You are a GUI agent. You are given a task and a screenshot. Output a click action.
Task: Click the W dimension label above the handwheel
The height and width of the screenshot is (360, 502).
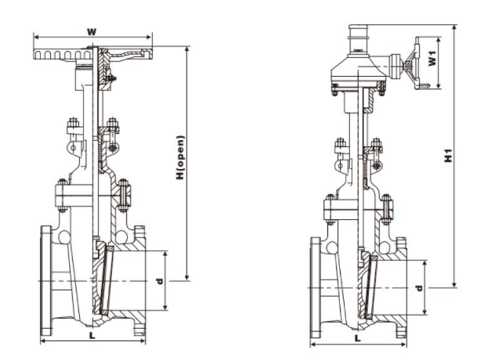(x=92, y=31)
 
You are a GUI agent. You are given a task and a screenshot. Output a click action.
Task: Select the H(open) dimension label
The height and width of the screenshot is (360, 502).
(x=181, y=157)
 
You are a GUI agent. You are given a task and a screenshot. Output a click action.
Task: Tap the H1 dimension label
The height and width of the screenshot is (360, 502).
(x=449, y=156)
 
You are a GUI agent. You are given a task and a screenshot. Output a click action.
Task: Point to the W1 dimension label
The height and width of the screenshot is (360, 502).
(x=432, y=58)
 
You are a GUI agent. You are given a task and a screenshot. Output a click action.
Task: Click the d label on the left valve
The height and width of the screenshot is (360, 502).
(x=159, y=281)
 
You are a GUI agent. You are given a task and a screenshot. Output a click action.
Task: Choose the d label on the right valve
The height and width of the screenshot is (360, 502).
(x=419, y=288)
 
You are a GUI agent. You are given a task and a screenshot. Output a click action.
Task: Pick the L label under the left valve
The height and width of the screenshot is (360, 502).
(x=92, y=336)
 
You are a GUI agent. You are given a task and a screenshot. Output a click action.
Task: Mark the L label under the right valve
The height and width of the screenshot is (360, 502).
(x=358, y=338)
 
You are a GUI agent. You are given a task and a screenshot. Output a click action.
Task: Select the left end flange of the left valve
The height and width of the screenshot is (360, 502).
(x=46, y=281)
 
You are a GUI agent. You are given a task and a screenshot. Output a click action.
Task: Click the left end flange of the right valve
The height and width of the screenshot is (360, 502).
(x=316, y=288)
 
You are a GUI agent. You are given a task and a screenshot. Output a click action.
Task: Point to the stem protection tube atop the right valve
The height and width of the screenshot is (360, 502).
(x=358, y=40)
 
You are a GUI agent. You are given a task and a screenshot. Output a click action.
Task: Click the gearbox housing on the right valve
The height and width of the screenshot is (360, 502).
(x=358, y=71)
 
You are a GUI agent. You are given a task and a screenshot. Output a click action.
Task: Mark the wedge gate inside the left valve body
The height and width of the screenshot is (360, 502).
(x=103, y=279)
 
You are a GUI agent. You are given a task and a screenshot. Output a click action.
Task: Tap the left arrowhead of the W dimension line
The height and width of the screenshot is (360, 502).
(x=36, y=37)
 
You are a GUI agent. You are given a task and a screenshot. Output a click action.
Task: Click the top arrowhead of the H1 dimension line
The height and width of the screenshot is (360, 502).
(x=454, y=27)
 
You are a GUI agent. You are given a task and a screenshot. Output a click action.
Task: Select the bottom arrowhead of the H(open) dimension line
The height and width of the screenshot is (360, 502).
(x=187, y=279)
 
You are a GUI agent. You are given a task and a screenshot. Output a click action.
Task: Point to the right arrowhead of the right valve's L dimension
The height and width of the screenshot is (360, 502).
(x=404, y=344)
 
